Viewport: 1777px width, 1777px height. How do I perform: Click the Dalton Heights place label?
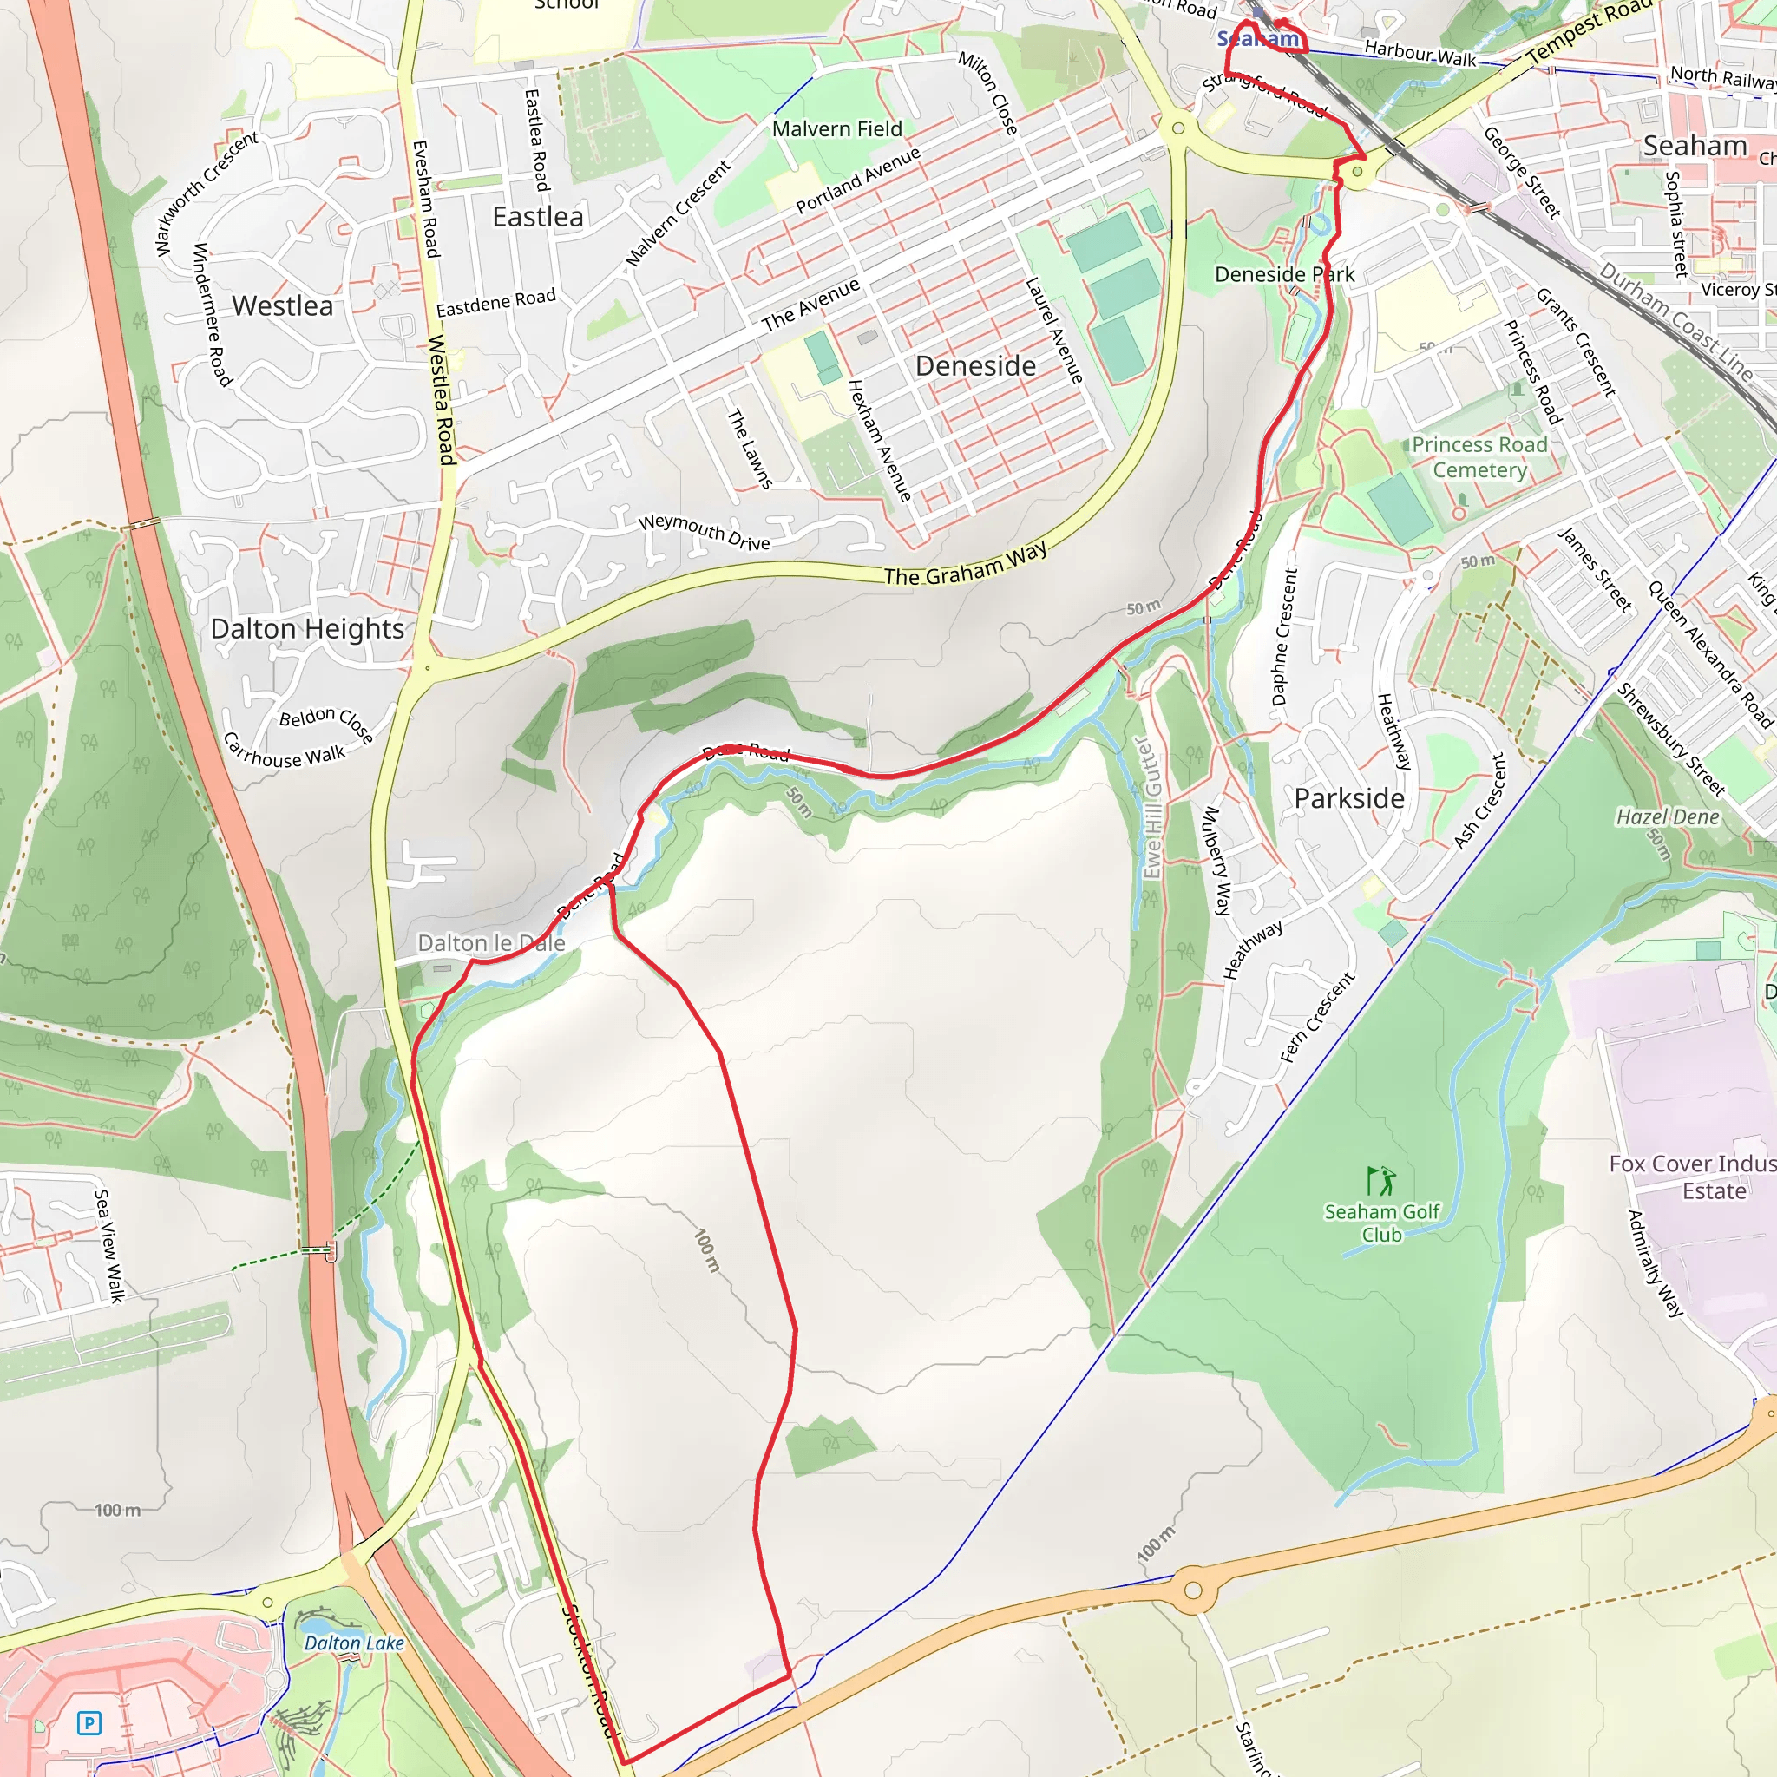pos(307,629)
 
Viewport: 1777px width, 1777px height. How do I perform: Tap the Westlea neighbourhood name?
pos(282,305)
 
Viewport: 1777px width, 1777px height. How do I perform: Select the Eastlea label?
pos(538,217)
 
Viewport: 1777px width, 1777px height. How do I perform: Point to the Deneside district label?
pos(975,366)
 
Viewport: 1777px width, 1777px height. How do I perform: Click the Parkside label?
pos(1348,798)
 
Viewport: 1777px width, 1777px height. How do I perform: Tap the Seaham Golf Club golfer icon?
pos(1380,1180)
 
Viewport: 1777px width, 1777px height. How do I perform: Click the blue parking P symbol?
pos(89,1722)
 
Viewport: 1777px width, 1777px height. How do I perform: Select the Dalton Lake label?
pos(354,1643)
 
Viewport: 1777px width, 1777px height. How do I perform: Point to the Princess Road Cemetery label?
pos(1479,457)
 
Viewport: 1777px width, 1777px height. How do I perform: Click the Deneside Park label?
pos(1284,274)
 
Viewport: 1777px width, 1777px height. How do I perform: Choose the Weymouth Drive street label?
pos(704,533)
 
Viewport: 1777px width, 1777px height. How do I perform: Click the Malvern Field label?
pos(837,128)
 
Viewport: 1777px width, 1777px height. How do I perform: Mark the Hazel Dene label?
pos(1668,816)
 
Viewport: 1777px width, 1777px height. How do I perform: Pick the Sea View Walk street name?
pos(108,1245)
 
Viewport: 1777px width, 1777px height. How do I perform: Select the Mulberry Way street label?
pos(1216,861)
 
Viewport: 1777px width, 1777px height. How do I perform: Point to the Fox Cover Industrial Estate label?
pos(1690,1177)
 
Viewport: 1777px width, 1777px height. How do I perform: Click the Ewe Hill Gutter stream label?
pos(1151,809)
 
